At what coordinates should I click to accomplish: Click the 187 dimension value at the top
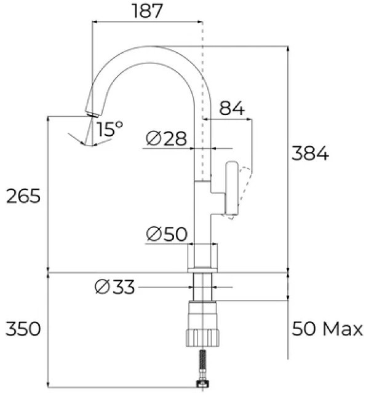(x=147, y=11)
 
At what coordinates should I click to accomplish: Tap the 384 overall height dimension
(x=310, y=153)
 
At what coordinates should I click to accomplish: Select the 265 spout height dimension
(x=23, y=195)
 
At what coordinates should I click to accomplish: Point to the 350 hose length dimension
(x=23, y=329)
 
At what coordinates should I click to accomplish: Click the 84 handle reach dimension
(x=232, y=108)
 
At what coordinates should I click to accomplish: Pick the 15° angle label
(x=109, y=129)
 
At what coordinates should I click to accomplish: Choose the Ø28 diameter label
(x=167, y=138)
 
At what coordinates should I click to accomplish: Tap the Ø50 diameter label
(x=167, y=234)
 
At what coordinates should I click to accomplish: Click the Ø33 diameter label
(x=114, y=287)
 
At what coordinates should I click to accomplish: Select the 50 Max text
(x=327, y=329)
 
